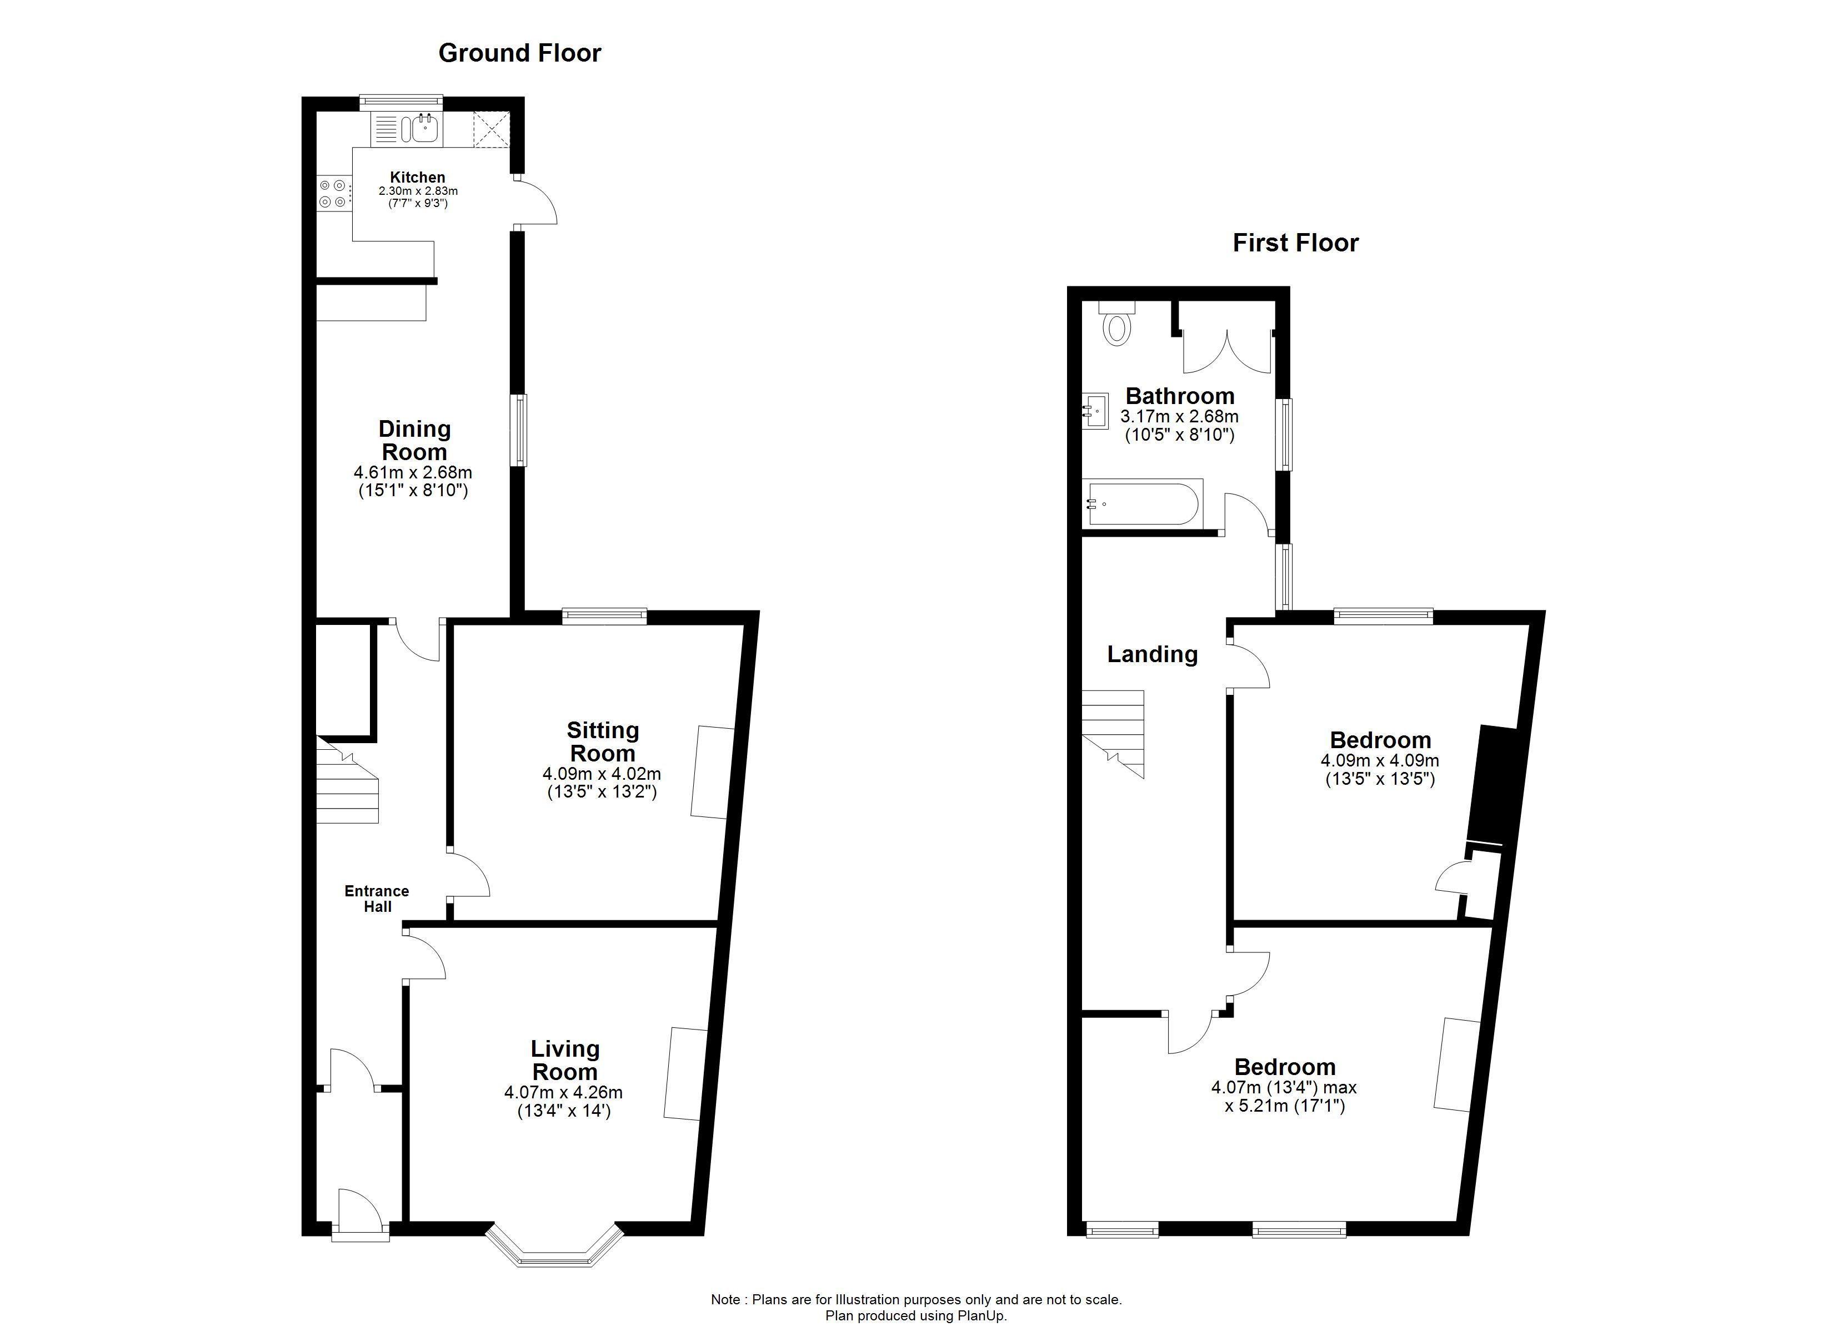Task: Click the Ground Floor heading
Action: click(520, 53)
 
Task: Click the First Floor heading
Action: click(1295, 243)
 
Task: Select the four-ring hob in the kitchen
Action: click(332, 194)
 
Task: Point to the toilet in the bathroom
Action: click(1117, 324)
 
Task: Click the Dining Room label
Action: click(414, 440)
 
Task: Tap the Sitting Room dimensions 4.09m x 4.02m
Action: click(602, 774)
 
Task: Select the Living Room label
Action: click(565, 1061)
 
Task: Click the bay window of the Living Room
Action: click(555, 1250)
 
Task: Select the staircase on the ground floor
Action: click(347, 781)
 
